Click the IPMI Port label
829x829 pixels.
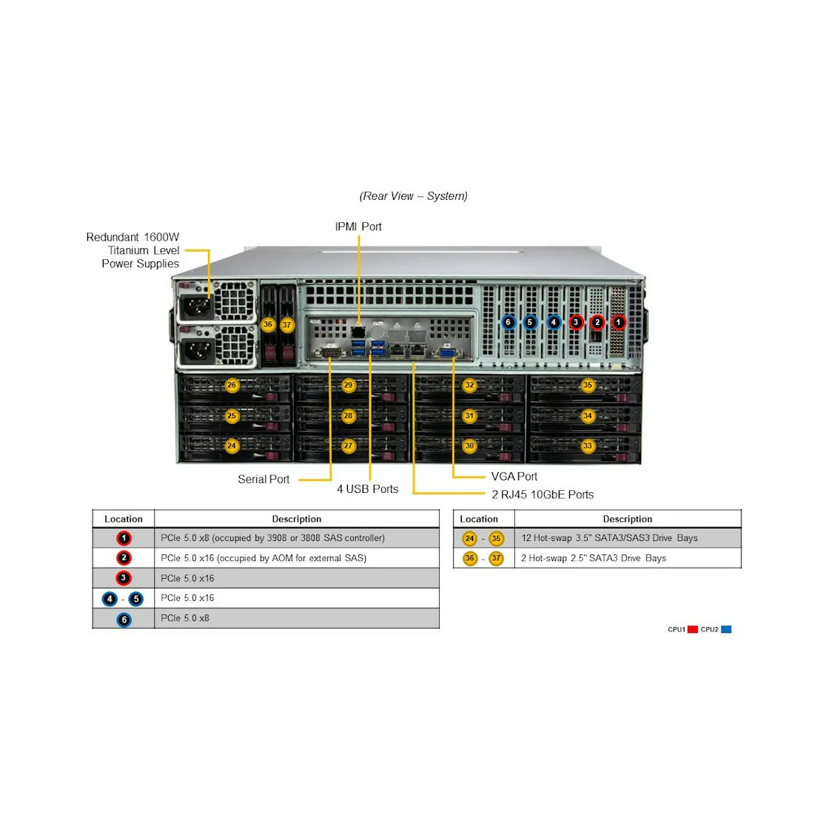(x=358, y=226)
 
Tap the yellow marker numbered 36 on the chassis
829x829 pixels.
(x=268, y=324)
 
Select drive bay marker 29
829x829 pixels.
(x=348, y=386)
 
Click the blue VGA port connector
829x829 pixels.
(x=447, y=353)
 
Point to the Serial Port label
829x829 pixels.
(x=264, y=479)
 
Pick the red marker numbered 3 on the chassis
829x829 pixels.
(x=577, y=322)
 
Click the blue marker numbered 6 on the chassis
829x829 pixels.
(x=508, y=322)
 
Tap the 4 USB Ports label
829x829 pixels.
(x=367, y=489)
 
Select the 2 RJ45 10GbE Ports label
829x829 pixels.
(x=543, y=494)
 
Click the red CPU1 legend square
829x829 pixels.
(x=693, y=629)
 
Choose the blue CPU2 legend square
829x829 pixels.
(x=726, y=629)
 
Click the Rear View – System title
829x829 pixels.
(x=414, y=196)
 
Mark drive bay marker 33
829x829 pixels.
(x=588, y=446)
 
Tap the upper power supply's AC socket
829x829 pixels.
(x=197, y=306)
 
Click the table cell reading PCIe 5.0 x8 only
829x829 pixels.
(x=185, y=618)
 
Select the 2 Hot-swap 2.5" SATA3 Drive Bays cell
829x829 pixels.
(x=593, y=558)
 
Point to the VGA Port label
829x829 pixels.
(x=514, y=477)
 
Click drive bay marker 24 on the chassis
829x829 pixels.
(x=232, y=446)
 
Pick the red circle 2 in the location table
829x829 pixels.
(x=124, y=558)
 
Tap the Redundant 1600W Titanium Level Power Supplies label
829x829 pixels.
(x=132, y=250)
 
